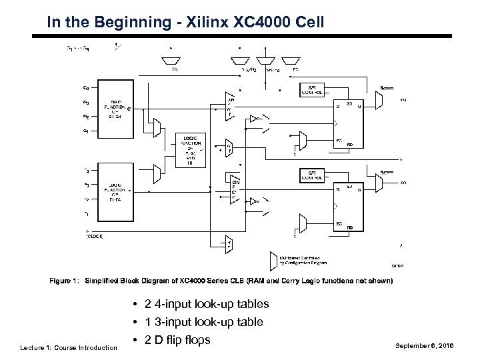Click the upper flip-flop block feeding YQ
[349, 123]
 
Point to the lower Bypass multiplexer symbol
[379, 183]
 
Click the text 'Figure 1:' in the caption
[65, 281]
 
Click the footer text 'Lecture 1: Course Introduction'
[69, 347]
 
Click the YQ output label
[403, 100]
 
